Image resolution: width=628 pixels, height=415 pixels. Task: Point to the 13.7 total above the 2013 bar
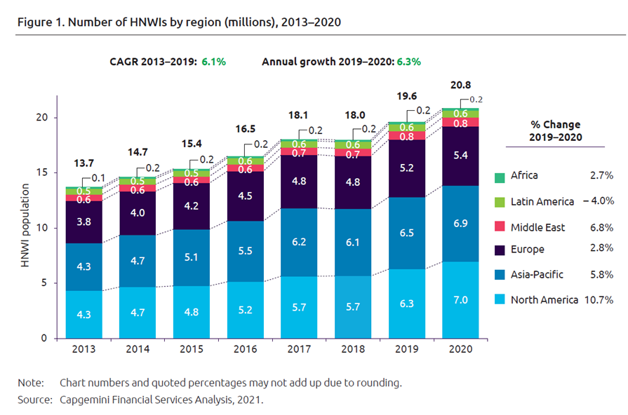pyautogui.click(x=85, y=163)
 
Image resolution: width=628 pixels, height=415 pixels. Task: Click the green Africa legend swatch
pyautogui.click(x=500, y=177)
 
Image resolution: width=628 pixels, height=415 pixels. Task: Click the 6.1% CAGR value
pyautogui.click(x=213, y=62)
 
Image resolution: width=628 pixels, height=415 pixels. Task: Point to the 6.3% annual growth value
pyautogui.click(x=408, y=62)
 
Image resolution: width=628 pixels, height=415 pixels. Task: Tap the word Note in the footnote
pyautogui.click(x=29, y=383)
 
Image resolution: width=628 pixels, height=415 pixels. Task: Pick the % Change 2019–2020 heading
pyautogui.click(x=555, y=130)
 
